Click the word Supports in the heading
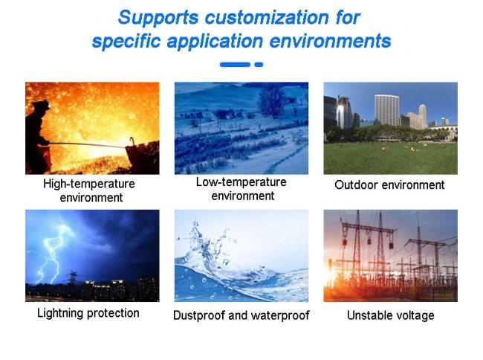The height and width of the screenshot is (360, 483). pyautogui.click(x=158, y=18)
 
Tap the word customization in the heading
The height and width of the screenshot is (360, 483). pyautogui.click(x=267, y=17)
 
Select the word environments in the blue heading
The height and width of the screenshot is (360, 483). pyautogui.click(x=330, y=41)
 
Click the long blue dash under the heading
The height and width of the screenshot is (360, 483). pyautogui.click(x=235, y=65)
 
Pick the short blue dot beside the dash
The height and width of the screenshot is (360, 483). pyautogui.click(x=259, y=65)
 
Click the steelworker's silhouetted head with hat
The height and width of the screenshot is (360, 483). pyautogui.click(x=42, y=106)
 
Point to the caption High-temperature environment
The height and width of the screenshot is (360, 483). pyautogui.click(x=89, y=190)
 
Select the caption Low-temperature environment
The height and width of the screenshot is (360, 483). pyautogui.click(x=241, y=189)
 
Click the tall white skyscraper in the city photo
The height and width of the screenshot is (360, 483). pyautogui.click(x=387, y=110)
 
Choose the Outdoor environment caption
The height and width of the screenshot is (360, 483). pyautogui.click(x=389, y=185)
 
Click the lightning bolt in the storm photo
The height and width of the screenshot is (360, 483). pyautogui.click(x=53, y=253)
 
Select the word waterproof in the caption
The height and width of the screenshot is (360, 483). pyautogui.click(x=280, y=315)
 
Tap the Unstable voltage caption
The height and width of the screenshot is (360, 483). pyautogui.click(x=391, y=315)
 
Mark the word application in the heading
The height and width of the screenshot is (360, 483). pyautogui.click(x=215, y=42)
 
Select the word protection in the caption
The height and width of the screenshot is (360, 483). pyautogui.click(x=113, y=313)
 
